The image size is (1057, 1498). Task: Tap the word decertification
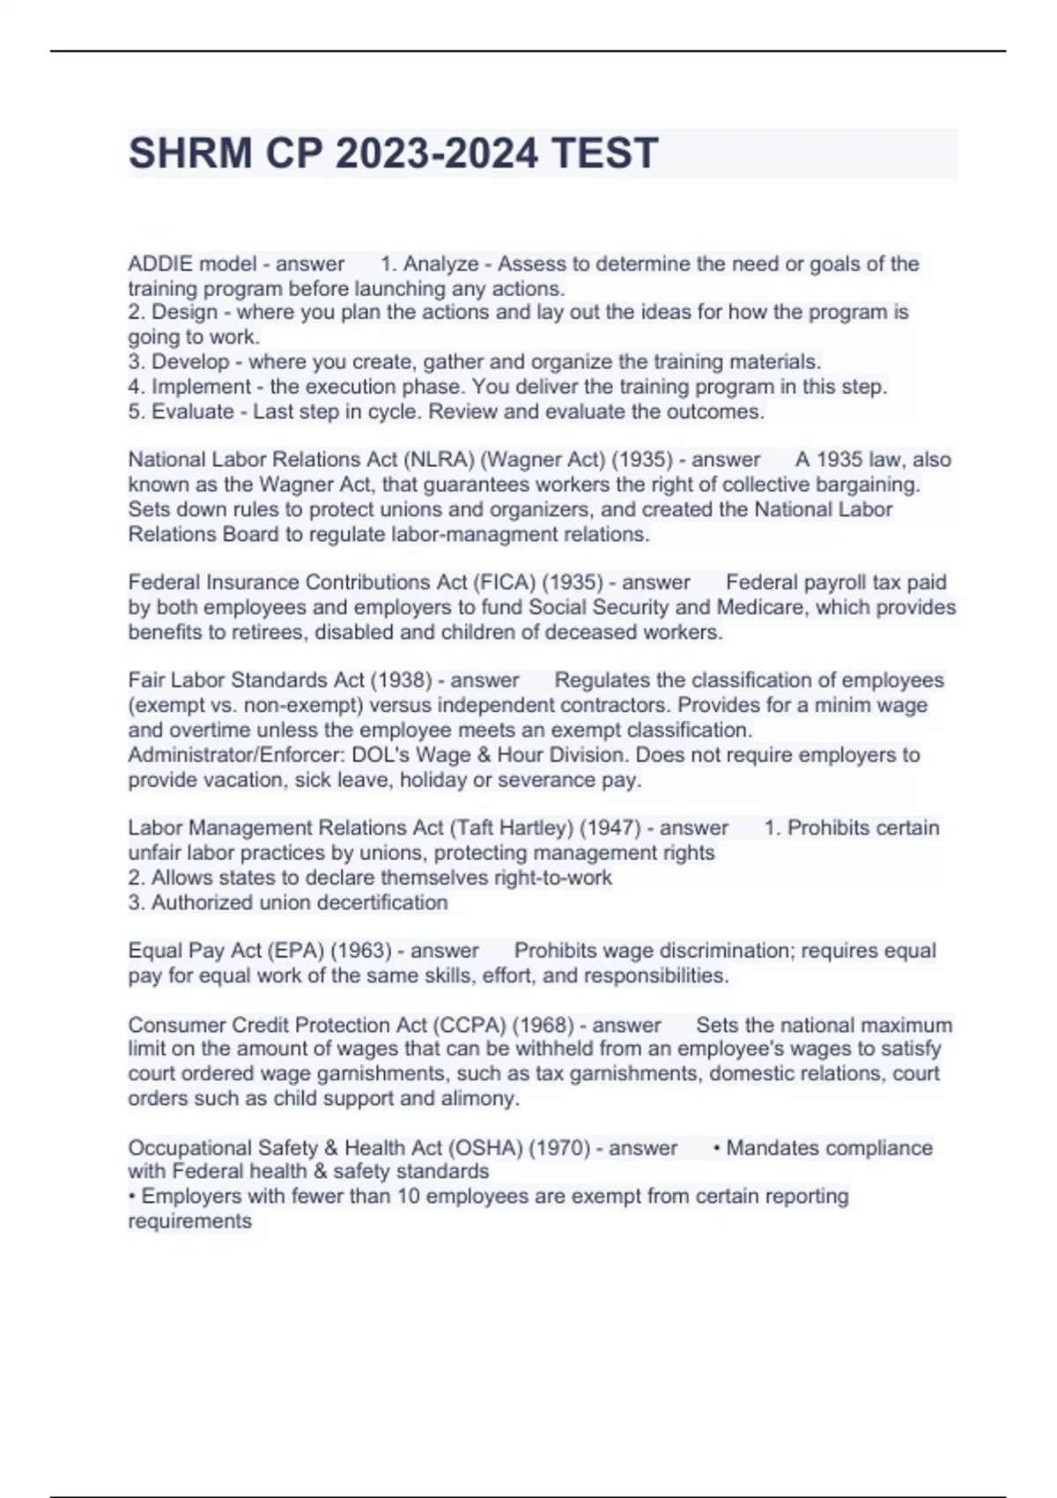(381, 902)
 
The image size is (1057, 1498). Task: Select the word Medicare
(765, 607)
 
